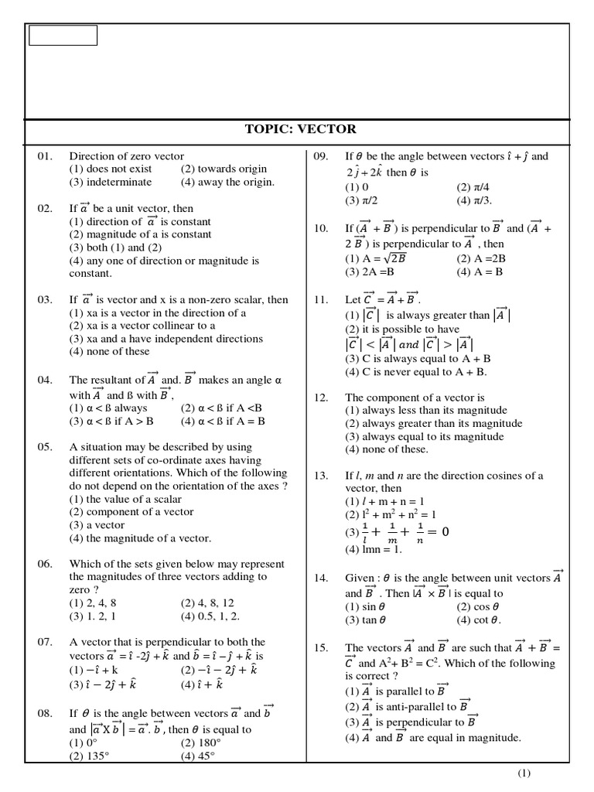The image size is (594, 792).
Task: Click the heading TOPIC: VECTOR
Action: pyautogui.click(x=300, y=130)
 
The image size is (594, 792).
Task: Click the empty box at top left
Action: pyautogui.click(x=63, y=36)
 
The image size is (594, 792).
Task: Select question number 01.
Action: pyautogui.click(x=45, y=156)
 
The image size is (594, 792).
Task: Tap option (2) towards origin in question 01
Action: pyautogui.click(x=224, y=169)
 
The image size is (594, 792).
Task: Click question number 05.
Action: pyautogui.click(x=45, y=447)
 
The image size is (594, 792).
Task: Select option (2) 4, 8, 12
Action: pyautogui.click(x=207, y=603)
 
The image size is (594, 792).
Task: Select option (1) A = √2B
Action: pyautogui.click(x=375, y=259)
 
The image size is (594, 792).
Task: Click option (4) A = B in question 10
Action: pyautogui.click(x=480, y=272)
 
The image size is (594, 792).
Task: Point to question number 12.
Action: pyautogui.click(x=321, y=398)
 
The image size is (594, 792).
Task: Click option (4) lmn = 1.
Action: pyautogui.click(x=374, y=550)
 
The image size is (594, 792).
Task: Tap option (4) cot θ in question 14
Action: pyautogui.click(x=479, y=620)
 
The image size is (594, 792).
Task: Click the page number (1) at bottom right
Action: pyautogui.click(x=524, y=773)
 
